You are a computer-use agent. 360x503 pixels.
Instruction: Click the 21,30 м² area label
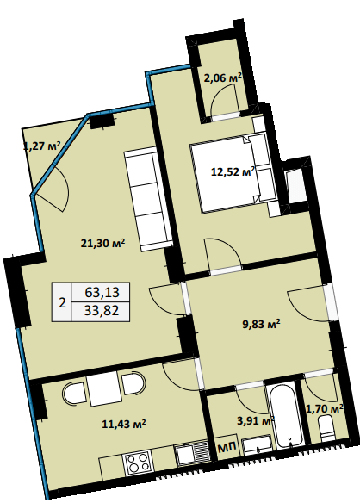click(102, 244)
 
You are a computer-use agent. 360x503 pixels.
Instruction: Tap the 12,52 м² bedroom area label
click(233, 171)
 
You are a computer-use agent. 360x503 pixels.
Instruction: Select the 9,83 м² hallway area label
click(261, 324)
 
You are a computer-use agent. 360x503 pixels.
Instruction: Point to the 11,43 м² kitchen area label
click(124, 424)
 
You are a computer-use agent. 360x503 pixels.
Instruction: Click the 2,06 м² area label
click(223, 78)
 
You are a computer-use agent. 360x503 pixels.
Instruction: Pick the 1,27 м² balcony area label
click(42, 146)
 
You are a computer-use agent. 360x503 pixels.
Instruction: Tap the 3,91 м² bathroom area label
click(256, 420)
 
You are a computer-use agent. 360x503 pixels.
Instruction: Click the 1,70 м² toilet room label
click(325, 408)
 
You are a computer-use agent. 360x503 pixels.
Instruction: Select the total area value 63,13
click(102, 292)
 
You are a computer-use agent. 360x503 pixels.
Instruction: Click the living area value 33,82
click(102, 310)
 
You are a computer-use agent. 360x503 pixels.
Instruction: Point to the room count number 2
click(62, 302)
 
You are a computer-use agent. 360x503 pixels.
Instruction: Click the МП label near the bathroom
click(227, 447)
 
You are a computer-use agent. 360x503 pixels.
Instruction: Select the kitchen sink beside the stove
click(192, 453)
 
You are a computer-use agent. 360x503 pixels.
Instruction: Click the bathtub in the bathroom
click(286, 417)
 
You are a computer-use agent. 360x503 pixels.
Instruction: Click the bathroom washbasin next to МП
click(258, 445)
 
